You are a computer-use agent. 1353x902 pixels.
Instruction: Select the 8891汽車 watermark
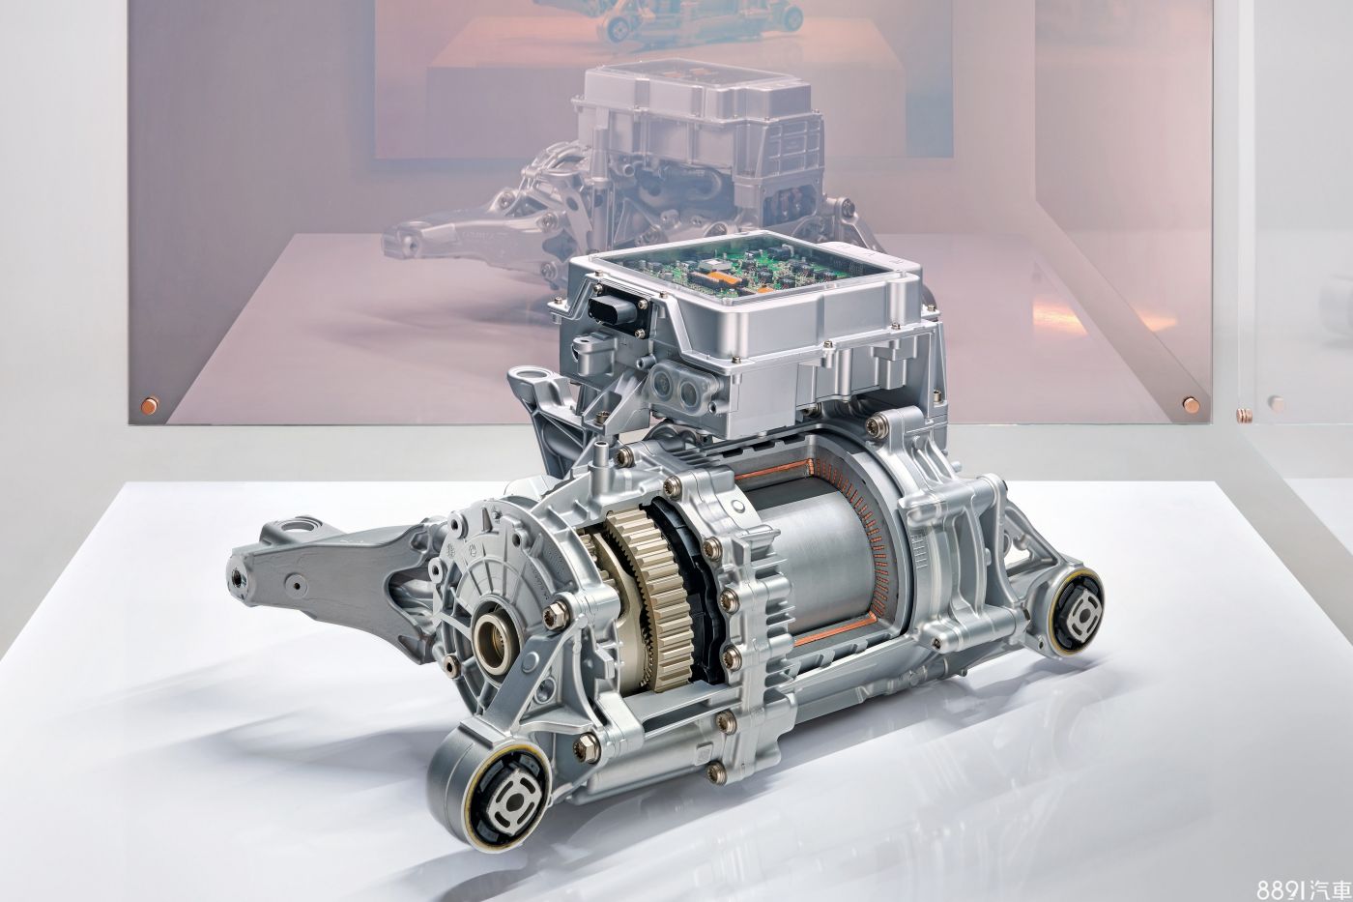[x=1304, y=888]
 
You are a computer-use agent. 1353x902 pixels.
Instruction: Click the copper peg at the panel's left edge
[x=149, y=404]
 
